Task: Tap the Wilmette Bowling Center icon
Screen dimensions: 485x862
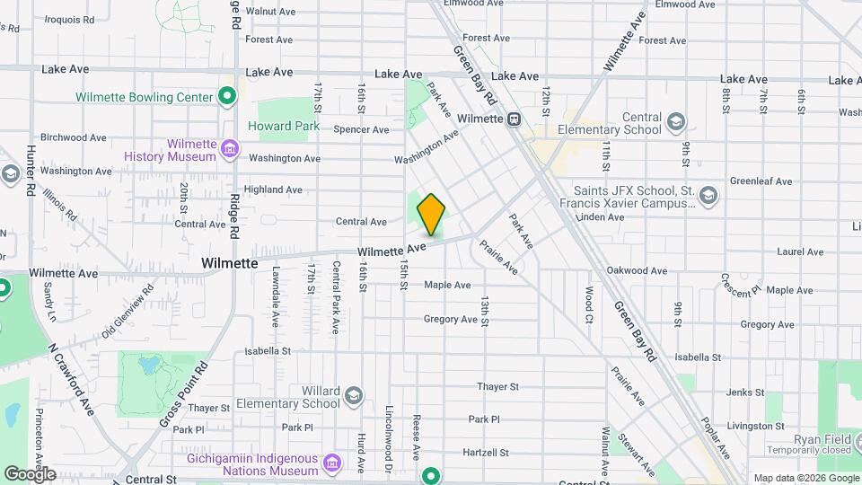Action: tap(227, 97)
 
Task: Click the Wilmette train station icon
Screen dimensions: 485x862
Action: tap(514, 119)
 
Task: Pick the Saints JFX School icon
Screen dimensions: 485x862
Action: tap(708, 195)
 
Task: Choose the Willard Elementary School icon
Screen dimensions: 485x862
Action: tap(354, 396)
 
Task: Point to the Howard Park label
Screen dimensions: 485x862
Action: tap(283, 127)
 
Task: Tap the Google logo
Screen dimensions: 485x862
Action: tap(30, 473)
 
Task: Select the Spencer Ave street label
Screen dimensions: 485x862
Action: tap(361, 129)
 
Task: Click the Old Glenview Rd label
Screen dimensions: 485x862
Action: tap(128, 309)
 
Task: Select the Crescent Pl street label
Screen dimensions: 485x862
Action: tap(740, 286)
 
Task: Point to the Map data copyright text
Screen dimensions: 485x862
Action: tap(805, 478)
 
